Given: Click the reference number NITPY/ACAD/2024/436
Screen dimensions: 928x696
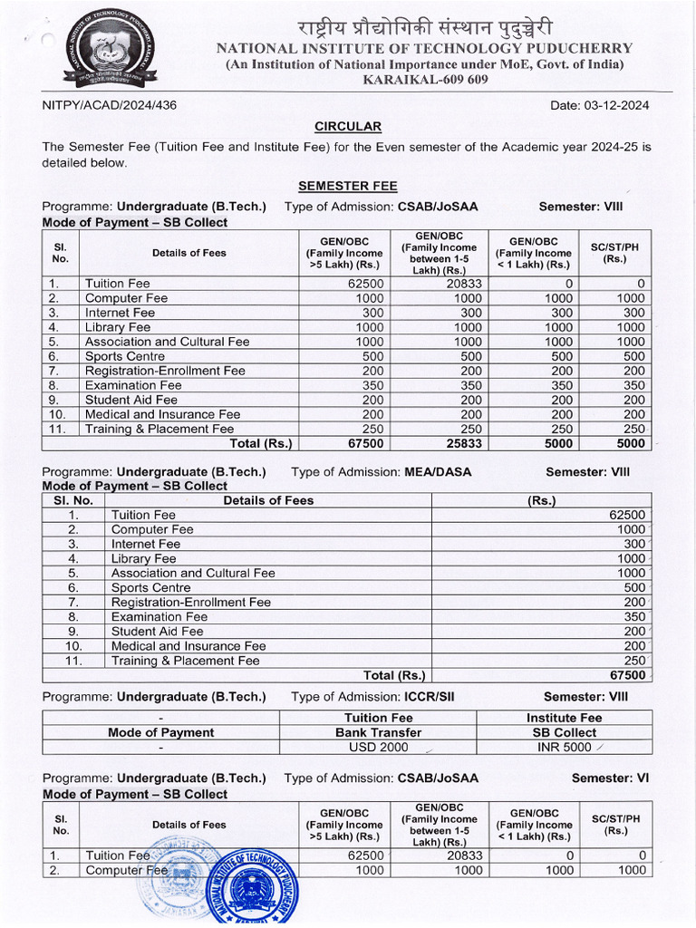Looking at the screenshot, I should tap(110, 105).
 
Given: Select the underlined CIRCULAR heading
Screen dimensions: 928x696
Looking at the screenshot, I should tap(348, 127).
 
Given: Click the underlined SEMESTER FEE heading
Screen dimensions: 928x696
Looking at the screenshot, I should tap(348, 186).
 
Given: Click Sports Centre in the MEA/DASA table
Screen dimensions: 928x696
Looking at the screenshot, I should tap(150, 587).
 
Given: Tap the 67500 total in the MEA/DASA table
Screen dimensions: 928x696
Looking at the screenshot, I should tap(627, 675).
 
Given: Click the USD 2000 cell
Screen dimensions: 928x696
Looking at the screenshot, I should tap(379, 748).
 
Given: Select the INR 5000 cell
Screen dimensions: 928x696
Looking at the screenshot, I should tap(564, 748).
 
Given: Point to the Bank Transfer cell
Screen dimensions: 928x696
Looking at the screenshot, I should tap(379, 732).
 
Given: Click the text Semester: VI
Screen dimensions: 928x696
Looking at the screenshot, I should tap(610, 778).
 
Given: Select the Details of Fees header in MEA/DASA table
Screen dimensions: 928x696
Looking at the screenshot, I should tap(268, 500).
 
